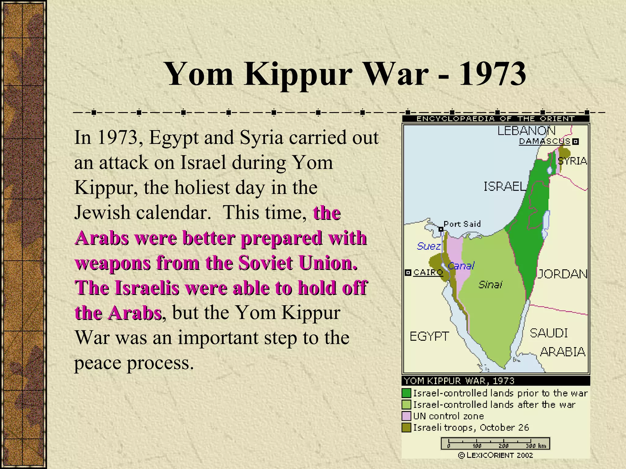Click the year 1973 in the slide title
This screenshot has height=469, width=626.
[x=492, y=74]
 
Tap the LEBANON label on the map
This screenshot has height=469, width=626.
[x=526, y=131]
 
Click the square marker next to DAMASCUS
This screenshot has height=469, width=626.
[x=576, y=141]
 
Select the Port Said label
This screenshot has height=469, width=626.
[x=462, y=224]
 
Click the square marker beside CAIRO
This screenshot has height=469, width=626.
[x=408, y=272]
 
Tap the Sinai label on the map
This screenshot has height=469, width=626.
[x=490, y=285]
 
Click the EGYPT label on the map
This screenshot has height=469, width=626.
[x=429, y=336]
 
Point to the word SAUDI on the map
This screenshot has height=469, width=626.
[x=549, y=333]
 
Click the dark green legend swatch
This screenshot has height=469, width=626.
[x=407, y=393]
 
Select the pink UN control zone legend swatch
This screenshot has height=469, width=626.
[x=407, y=416]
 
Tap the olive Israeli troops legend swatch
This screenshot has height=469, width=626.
[x=407, y=427]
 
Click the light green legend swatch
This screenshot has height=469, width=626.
[x=407, y=405]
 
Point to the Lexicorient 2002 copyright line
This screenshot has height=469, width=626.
[x=495, y=455]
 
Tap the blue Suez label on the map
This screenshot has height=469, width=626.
[x=429, y=246]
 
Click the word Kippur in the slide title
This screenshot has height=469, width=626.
[x=298, y=74]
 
